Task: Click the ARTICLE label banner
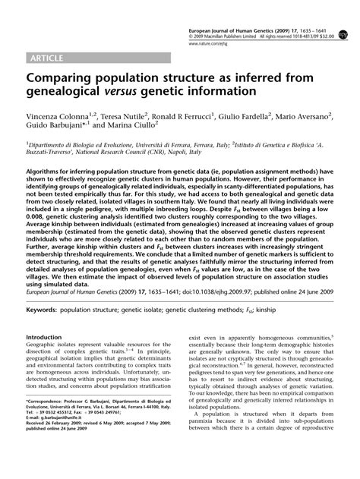click(x=48, y=58)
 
